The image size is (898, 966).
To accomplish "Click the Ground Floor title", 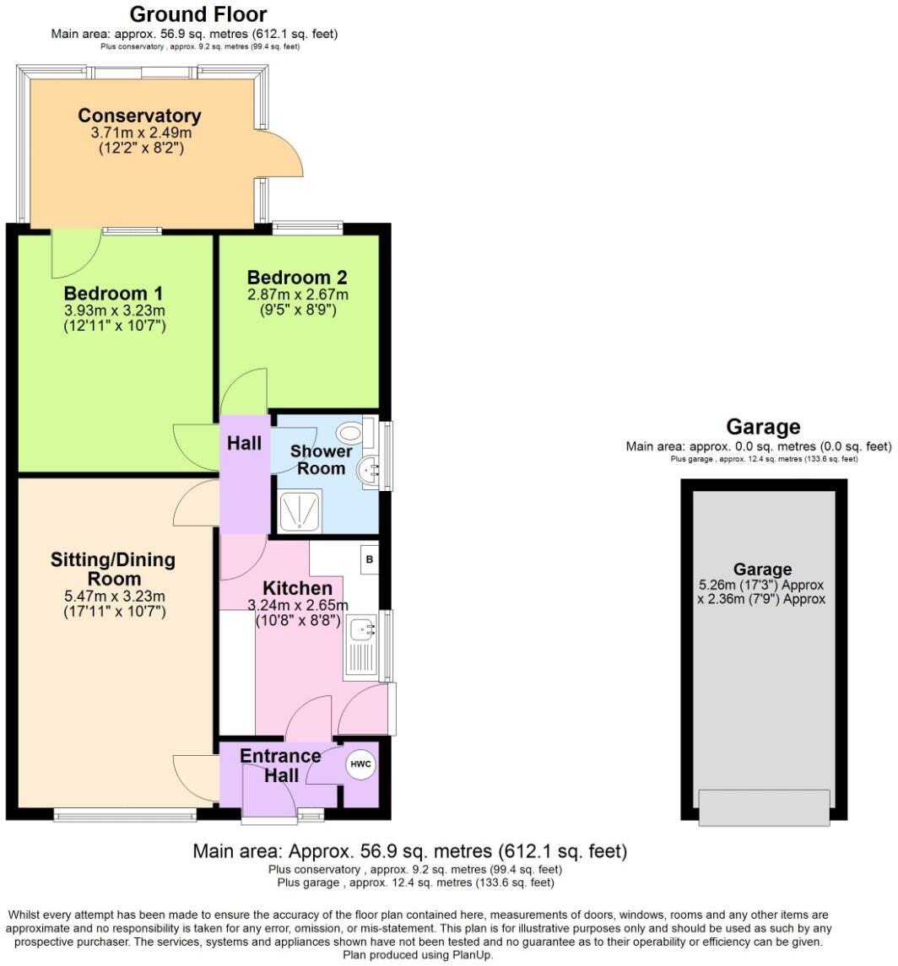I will point(198,14).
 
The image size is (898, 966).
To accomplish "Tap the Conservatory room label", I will point(139,116).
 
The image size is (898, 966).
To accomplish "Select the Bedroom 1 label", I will point(114,294).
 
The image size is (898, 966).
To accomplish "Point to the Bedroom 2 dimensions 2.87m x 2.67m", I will point(297,294).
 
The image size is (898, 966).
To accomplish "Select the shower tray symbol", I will point(300,512).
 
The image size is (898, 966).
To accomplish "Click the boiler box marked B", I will point(369,559).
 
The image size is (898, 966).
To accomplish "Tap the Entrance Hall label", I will point(280,765).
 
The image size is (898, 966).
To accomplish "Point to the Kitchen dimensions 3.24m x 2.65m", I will point(297,605).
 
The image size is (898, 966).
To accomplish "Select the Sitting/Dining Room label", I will point(113,569).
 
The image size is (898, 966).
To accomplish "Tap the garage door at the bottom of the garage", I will point(764,807).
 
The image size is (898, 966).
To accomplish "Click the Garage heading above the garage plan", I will point(763,427).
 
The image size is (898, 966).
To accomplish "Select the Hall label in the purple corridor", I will point(244,443).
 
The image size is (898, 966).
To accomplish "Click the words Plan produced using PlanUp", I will point(418,955).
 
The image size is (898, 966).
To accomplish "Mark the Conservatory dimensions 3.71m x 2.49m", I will point(140,133).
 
